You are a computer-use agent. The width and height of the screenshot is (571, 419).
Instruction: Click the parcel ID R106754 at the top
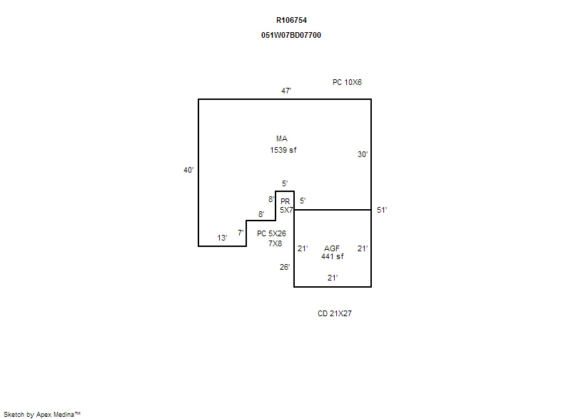pos(291,21)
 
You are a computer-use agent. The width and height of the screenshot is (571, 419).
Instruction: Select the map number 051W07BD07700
pos(291,35)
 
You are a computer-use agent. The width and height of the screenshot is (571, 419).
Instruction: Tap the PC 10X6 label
pos(347,82)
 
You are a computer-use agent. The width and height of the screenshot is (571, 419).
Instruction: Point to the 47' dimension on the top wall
pos(286,91)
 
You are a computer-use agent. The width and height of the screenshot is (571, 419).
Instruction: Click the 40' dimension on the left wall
pos(188,170)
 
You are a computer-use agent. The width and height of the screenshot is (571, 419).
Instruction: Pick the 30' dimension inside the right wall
pos(363,154)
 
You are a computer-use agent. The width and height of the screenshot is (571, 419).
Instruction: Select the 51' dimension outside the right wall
pos(382,210)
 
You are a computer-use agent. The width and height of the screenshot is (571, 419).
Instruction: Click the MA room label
pos(282,138)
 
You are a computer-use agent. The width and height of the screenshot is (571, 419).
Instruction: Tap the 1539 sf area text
pos(283,150)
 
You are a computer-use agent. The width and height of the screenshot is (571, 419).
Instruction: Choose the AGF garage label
pos(332,248)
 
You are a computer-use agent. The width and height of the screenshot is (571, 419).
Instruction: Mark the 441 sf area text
pos(332,256)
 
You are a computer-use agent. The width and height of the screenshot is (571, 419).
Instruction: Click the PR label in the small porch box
pos(285,201)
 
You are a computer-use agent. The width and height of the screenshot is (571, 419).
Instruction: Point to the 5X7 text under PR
pos(286,210)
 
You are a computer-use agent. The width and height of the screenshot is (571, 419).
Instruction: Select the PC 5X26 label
pos(272,233)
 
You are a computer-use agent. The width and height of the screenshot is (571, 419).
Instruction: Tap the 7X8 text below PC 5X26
pos(276,243)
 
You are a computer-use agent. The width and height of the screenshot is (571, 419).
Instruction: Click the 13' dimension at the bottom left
pos(222,238)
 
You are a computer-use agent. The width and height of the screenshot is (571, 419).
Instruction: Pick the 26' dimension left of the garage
pos(285,267)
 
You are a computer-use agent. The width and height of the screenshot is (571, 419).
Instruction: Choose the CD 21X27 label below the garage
pos(335,313)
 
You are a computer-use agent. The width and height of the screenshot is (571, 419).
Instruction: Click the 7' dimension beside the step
pos(241,233)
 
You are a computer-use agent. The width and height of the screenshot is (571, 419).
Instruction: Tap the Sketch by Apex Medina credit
pos(42,414)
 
